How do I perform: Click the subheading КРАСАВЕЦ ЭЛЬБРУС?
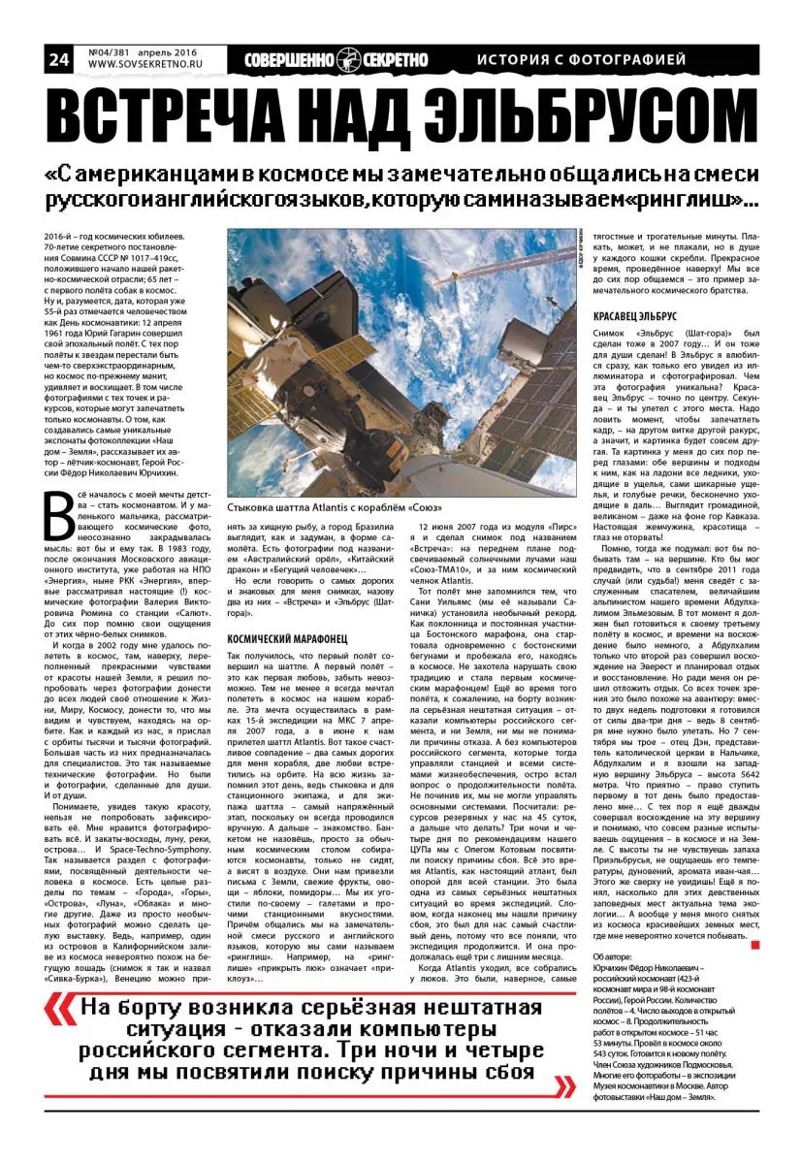click(x=634, y=317)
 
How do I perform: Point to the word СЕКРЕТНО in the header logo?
click(x=395, y=60)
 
